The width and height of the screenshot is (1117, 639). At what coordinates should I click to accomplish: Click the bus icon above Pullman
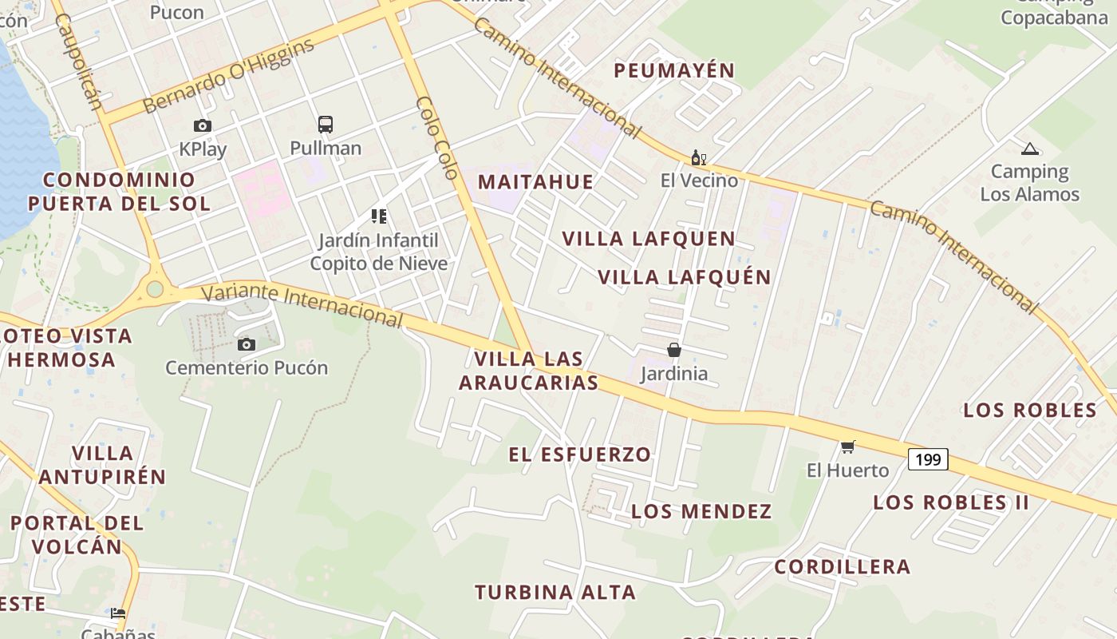[x=326, y=125]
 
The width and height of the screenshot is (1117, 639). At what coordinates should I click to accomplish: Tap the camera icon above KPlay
[x=203, y=125]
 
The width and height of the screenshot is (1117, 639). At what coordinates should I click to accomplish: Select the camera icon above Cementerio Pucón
[x=247, y=344]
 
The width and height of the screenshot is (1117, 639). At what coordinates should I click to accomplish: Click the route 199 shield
[x=928, y=459]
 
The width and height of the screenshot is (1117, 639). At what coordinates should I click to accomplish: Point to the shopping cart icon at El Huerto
[x=847, y=447]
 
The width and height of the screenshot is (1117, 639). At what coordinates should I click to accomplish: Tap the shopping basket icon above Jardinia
[x=674, y=350]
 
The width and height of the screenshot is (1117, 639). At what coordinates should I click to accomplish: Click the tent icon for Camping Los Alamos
[x=1029, y=149]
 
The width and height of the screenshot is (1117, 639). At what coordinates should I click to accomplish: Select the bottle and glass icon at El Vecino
[x=698, y=158]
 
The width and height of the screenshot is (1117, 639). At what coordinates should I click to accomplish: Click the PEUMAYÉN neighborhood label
[x=674, y=70]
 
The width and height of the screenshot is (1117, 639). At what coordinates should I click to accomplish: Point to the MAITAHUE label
[x=536, y=181]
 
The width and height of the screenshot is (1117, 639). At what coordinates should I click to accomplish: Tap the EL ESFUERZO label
[x=580, y=454]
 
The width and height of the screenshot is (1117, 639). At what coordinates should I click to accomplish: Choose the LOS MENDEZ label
[x=701, y=511]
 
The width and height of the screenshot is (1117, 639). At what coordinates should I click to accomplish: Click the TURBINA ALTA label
[x=555, y=593]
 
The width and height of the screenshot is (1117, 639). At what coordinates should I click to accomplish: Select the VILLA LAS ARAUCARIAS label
[x=528, y=371]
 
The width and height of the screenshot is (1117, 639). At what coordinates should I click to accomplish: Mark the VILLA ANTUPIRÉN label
[x=102, y=465]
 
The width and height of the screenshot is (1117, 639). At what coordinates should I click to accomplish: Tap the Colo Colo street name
[x=437, y=137]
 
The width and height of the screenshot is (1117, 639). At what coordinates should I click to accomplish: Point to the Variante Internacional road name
[x=302, y=304]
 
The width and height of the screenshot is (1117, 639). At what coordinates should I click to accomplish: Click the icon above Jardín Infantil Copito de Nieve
[x=378, y=216]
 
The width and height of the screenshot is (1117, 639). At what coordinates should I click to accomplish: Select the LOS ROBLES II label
[x=951, y=502]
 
